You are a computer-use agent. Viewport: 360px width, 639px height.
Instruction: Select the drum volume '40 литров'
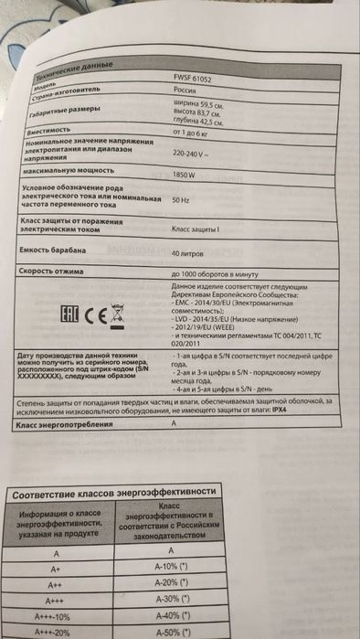click(x=189, y=252)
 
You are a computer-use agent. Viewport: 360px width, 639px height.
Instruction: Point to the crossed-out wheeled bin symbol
click(x=117, y=315)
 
